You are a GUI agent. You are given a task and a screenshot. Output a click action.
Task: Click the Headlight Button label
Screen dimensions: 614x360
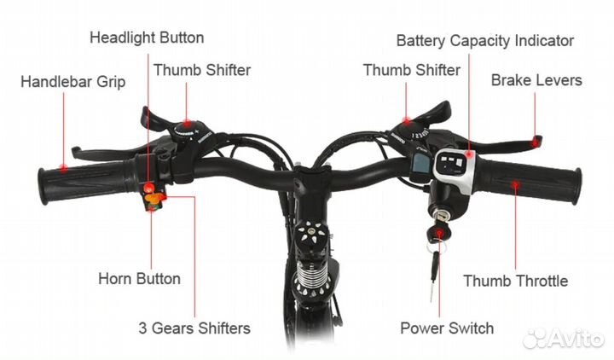[147, 38]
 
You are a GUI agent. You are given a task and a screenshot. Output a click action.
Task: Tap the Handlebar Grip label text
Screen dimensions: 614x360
[72, 82]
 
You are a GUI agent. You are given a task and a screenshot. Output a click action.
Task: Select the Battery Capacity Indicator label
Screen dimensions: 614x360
[484, 40]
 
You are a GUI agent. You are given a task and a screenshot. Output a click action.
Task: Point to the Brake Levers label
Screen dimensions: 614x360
[536, 80]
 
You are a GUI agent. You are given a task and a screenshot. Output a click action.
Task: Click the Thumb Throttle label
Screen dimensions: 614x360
[515, 281]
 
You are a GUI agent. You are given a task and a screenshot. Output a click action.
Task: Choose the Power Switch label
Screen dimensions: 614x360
[447, 328]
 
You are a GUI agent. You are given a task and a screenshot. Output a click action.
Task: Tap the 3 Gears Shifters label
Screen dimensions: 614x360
[194, 328]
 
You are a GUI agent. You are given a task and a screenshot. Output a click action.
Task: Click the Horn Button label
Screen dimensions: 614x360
[139, 278]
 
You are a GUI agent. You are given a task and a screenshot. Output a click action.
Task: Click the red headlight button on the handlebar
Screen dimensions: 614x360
[148, 187]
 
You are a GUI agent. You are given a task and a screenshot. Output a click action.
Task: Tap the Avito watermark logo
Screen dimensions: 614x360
[563, 338]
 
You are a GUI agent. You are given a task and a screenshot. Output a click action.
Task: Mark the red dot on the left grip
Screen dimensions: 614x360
[63, 168]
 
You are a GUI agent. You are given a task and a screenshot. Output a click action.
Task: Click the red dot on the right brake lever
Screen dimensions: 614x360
[535, 143]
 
